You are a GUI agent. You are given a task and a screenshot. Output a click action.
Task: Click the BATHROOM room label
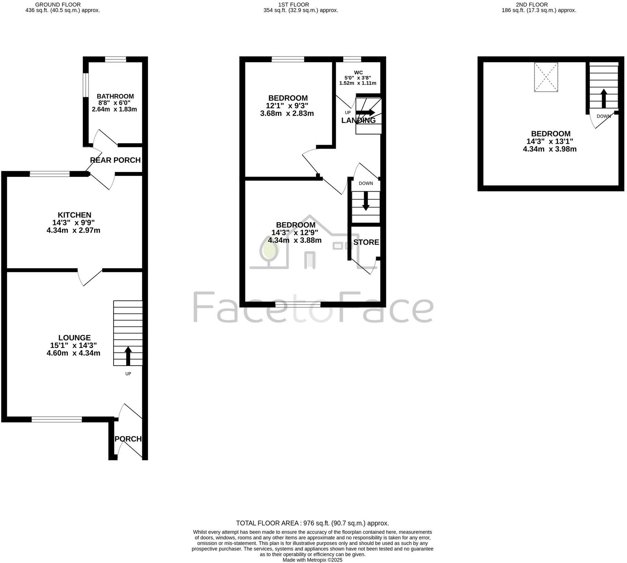click(115, 96)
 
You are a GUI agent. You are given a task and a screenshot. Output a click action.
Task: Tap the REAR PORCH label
click(115, 160)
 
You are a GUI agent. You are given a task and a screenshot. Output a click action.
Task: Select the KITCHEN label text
click(74, 215)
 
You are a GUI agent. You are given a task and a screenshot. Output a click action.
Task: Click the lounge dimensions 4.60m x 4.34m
click(73, 353)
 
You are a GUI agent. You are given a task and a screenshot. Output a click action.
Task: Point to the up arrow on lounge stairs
click(128, 355)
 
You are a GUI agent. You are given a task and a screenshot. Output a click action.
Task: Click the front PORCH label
click(128, 439)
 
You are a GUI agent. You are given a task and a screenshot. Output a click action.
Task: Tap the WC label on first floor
click(358, 73)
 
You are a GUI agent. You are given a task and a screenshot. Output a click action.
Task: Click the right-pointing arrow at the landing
click(365, 112)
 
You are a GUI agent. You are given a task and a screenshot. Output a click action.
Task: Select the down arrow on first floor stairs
click(365, 201)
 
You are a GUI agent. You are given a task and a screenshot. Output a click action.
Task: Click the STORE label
click(366, 242)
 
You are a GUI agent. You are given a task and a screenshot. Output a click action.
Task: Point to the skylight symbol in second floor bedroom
click(546, 77)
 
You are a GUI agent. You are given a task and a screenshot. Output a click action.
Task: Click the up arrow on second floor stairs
click(603, 98)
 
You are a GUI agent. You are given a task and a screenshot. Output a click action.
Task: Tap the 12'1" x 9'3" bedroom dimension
click(287, 106)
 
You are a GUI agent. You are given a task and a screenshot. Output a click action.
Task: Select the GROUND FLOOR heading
click(63, 5)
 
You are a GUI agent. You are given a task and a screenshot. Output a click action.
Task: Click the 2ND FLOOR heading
click(539, 5)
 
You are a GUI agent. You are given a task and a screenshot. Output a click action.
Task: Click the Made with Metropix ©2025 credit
click(312, 560)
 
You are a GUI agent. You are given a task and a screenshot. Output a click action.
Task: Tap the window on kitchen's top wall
click(50, 174)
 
